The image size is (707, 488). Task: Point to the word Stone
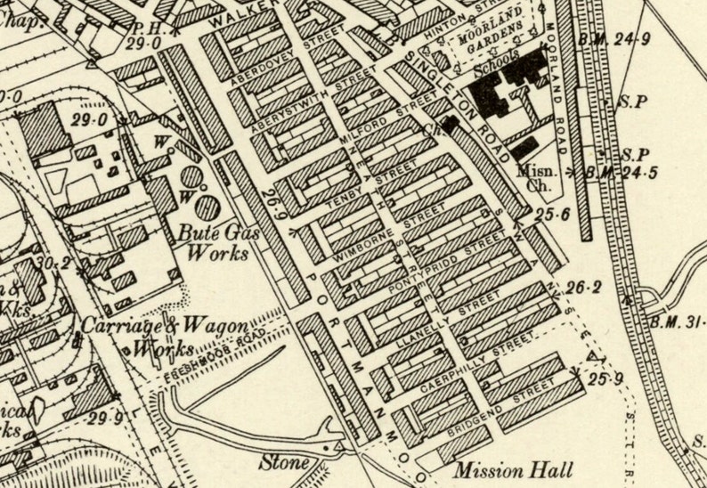284,463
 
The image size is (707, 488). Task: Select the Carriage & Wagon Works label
165,337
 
